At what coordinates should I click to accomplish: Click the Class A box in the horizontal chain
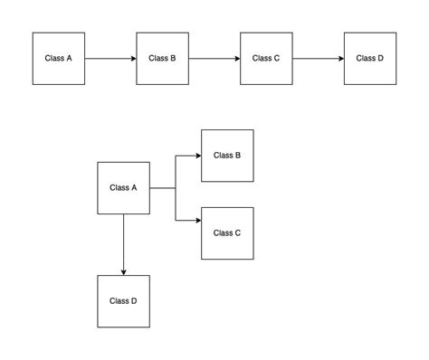pyautogui.click(x=59, y=59)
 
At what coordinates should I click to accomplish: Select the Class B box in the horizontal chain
pyautogui.click(x=162, y=59)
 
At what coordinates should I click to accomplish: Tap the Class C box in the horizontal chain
pyautogui.click(x=266, y=59)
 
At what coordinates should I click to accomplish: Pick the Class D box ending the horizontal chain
pyautogui.click(x=369, y=59)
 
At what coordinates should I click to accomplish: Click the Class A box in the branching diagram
pyautogui.click(x=123, y=188)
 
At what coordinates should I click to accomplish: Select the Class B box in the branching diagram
pyautogui.click(x=227, y=156)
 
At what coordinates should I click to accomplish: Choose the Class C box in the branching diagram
pyautogui.click(x=227, y=233)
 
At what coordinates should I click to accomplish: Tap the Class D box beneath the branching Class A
pyautogui.click(x=123, y=301)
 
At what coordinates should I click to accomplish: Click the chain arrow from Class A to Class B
pyautogui.click(x=110, y=59)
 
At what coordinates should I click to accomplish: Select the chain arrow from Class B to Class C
pyautogui.click(x=214, y=59)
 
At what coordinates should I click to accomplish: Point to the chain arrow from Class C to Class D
pyautogui.click(x=319, y=59)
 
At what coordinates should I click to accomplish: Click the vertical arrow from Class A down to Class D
pyautogui.click(x=123, y=244)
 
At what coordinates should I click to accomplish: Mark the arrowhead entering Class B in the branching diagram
pyautogui.click(x=196, y=156)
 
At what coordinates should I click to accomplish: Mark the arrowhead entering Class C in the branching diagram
pyautogui.click(x=196, y=221)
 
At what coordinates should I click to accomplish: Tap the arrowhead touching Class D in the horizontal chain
pyautogui.click(x=340, y=59)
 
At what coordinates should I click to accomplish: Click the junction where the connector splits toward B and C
pyautogui.click(x=176, y=188)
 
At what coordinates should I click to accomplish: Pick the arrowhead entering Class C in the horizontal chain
pyautogui.click(x=236, y=59)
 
